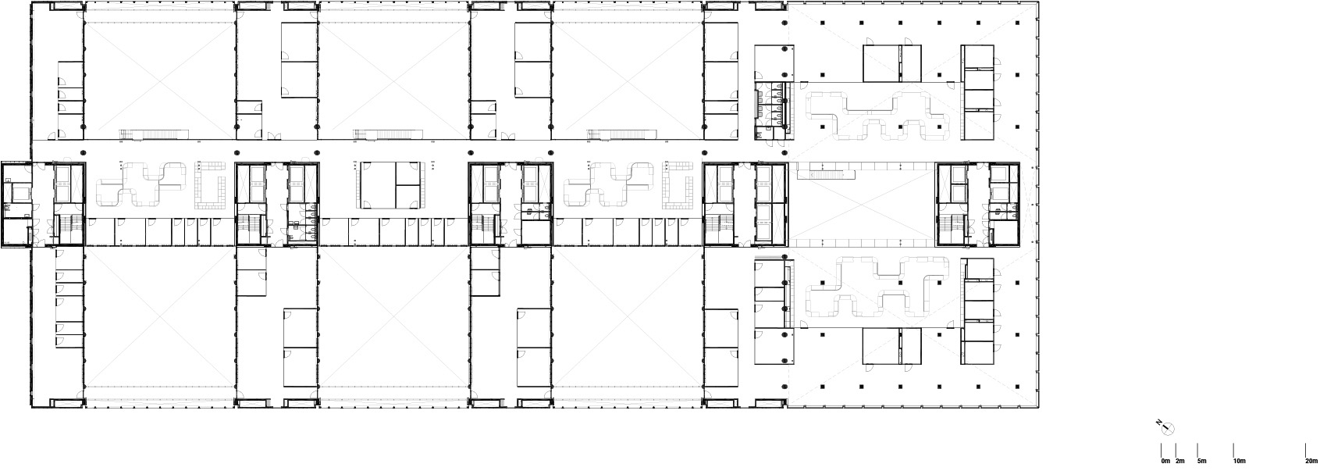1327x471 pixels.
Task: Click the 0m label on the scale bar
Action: click(x=1165, y=462)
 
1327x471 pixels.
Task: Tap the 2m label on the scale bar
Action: click(x=1179, y=462)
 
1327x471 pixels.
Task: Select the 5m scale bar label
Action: click(x=1202, y=462)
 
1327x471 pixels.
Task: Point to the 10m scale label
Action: click(x=1239, y=462)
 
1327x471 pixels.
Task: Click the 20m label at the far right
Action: click(x=1311, y=462)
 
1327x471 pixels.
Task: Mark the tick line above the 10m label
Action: click(x=1233, y=451)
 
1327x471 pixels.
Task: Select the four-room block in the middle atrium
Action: click(x=393, y=185)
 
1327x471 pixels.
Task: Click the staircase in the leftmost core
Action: click(x=68, y=229)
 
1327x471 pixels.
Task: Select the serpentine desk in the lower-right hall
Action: click(x=878, y=287)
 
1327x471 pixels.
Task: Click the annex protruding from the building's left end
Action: click(x=16, y=205)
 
